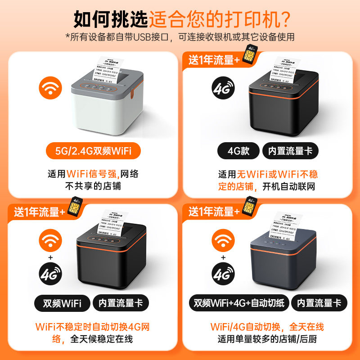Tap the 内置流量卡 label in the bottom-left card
[120, 303]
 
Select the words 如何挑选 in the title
[111, 19]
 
